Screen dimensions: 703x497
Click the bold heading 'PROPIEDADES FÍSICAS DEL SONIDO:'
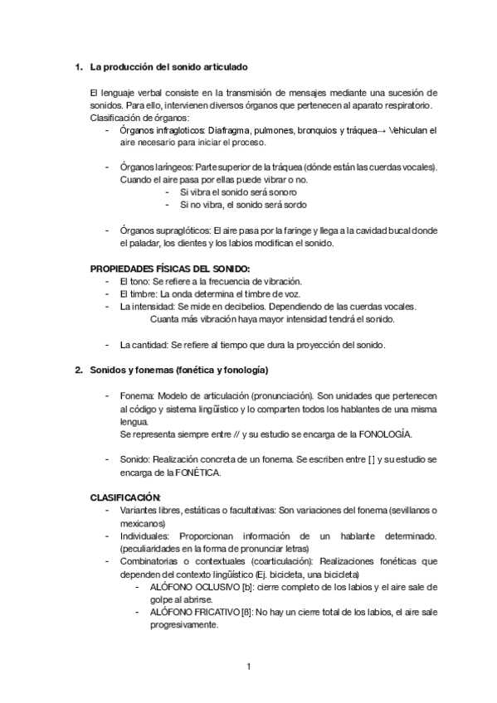click(x=169, y=268)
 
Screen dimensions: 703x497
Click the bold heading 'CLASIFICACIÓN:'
click(x=124, y=497)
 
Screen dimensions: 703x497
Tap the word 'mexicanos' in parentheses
click(x=142, y=523)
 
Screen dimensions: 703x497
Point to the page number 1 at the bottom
click(x=248, y=666)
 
